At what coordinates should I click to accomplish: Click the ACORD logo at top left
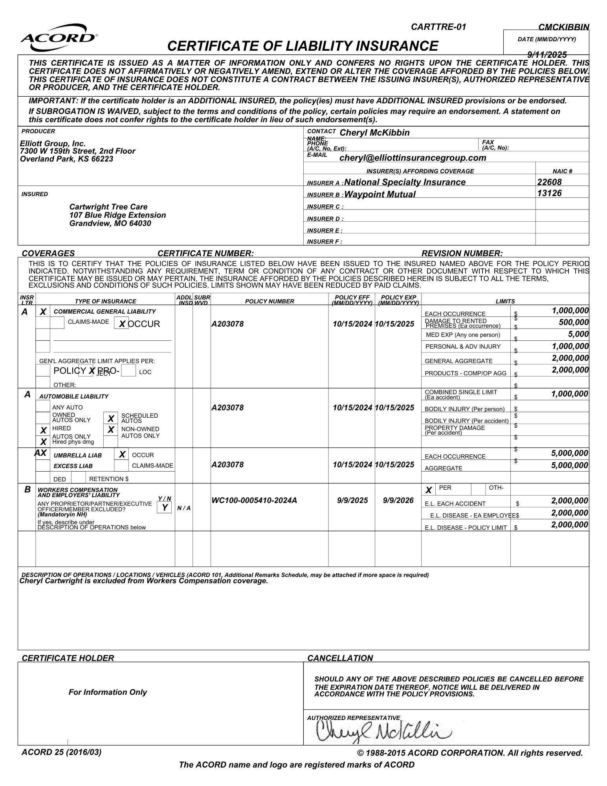(59, 38)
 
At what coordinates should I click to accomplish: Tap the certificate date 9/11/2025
(547, 55)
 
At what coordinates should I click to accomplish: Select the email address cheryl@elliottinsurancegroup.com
(413, 158)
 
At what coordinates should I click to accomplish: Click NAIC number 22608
(549, 182)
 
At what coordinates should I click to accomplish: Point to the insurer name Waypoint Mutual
(380, 195)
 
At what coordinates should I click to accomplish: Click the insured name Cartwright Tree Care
(108, 207)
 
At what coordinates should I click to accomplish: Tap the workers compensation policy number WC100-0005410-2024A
(254, 500)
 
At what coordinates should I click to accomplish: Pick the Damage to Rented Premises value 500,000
(574, 323)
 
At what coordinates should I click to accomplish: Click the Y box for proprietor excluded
(165, 508)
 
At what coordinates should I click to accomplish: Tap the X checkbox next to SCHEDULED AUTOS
(111, 418)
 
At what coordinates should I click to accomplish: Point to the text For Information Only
(108, 692)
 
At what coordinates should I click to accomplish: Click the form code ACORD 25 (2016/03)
(61, 752)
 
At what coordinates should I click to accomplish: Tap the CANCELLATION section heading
(340, 658)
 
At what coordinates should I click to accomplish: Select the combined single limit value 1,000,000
(570, 394)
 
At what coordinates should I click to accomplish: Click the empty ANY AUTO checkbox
(43, 407)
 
